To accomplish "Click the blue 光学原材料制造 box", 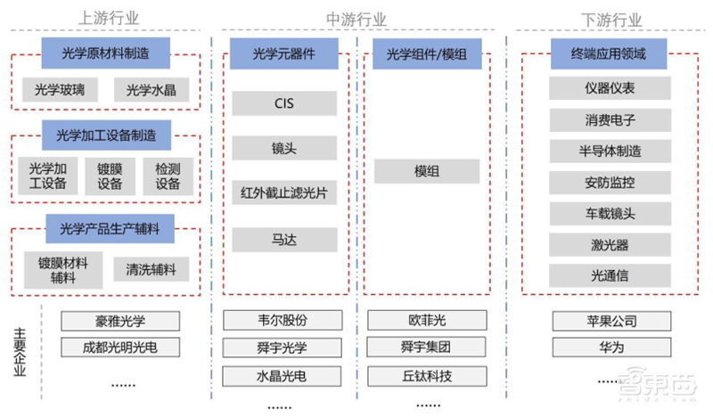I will pos(106,53).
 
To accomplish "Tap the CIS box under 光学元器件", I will pos(283,103).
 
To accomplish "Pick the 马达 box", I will pos(283,239).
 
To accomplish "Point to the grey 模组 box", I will pos(426,170).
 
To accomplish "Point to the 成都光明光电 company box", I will pos(120,347).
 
